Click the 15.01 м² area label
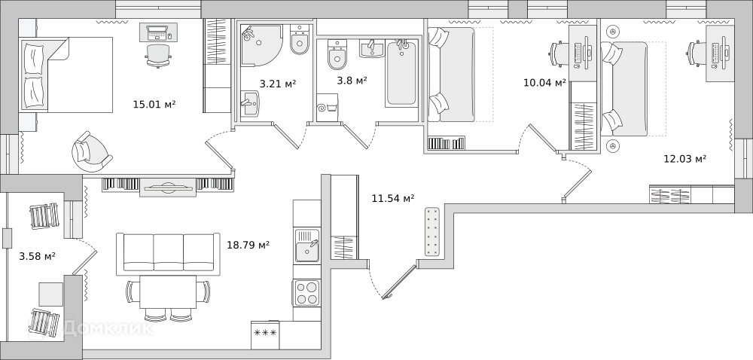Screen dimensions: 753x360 pyautogui.click(x=154, y=103)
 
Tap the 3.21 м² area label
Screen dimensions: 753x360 pyautogui.click(x=278, y=84)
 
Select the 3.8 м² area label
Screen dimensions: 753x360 pyautogui.click(x=352, y=80)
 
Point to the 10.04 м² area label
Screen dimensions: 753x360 pyautogui.click(x=544, y=83)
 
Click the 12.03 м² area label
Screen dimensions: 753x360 pyautogui.click(x=684, y=158)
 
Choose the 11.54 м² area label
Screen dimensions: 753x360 pyautogui.click(x=393, y=197)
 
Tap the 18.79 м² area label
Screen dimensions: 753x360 pyautogui.click(x=248, y=245)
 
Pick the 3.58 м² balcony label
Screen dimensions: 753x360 pyautogui.click(x=37, y=256)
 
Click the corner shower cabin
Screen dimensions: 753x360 pyautogui.click(x=259, y=47)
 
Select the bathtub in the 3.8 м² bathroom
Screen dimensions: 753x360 pyautogui.click(x=401, y=73)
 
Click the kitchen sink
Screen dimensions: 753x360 pyautogui.click(x=307, y=246)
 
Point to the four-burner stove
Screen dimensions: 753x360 pyautogui.click(x=307, y=292)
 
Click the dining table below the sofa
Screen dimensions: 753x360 pyautogui.click(x=168, y=291)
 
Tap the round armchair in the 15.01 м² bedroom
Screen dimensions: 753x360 pyautogui.click(x=91, y=151)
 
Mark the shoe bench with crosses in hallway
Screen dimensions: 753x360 pyautogui.click(x=432, y=231)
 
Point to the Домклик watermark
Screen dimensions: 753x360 pyautogui.click(x=108, y=328)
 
